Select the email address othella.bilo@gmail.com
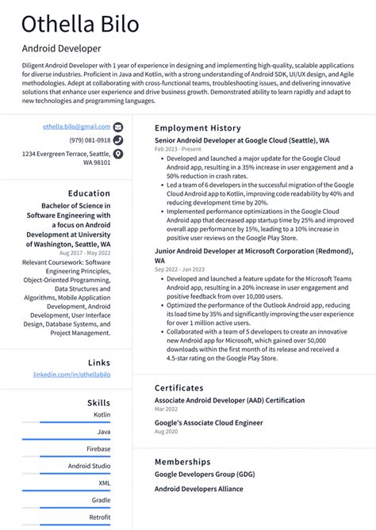[76, 126]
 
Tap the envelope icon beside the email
[118, 127]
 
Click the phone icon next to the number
[118, 140]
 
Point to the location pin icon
[118, 154]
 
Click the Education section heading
[89, 193]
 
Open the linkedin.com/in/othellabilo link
[71, 374]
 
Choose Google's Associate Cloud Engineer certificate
[208, 422]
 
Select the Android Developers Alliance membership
[198, 489]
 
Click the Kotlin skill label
[102, 414]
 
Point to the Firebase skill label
[98, 449]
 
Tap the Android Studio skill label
[89, 467]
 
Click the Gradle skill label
[101, 500]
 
